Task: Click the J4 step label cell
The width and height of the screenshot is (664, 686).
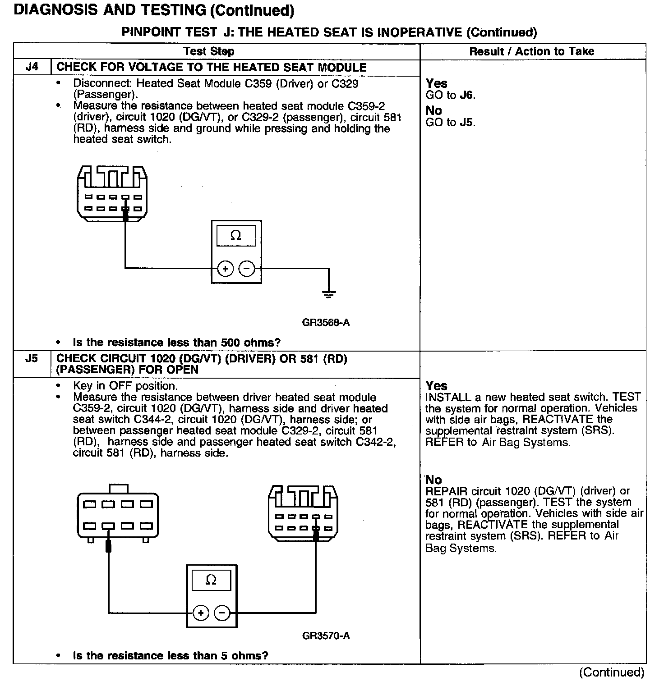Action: click(x=32, y=68)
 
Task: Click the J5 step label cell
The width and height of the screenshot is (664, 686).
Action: click(x=32, y=359)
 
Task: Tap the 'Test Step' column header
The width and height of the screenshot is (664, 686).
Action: click(x=209, y=51)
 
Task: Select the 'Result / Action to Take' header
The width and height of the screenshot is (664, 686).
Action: click(x=532, y=51)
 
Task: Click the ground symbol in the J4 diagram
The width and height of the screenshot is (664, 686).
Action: click(x=329, y=295)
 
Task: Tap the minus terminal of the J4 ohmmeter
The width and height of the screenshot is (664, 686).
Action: click(x=246, y=269)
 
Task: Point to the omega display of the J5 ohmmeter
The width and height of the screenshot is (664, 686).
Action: click(x=211, y=580)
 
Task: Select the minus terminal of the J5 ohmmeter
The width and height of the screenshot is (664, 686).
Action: click(x=221, y=613)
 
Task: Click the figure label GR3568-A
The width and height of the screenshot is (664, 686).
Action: click(x=326, y=323)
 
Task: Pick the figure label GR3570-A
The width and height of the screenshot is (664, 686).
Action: click(x=326, y=636)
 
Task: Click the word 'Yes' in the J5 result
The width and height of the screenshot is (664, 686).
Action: click(x=436, y=386)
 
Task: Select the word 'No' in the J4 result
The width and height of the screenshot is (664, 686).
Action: click(x=433, y=111)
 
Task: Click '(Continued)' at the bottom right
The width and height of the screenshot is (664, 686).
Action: click(x=612, y=672)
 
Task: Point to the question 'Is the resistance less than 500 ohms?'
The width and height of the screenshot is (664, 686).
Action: click(x=176, y=343)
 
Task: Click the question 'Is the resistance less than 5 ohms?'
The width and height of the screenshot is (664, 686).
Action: click(x=171, y=656)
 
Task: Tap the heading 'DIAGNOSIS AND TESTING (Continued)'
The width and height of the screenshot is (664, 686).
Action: click(x=154, y=10)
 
